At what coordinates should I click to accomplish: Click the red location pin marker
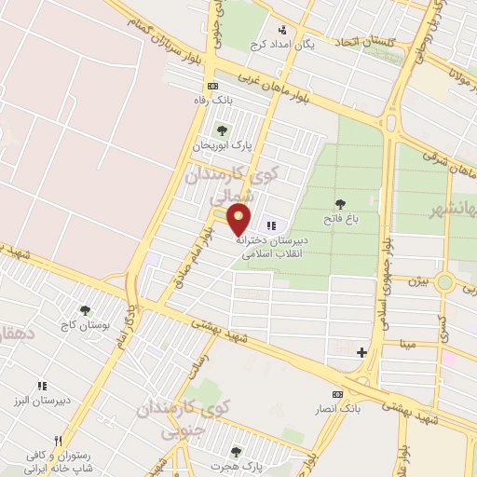(240, 219)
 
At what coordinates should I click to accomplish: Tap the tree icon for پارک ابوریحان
(221, 129)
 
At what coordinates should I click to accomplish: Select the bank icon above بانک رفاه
(213, 85)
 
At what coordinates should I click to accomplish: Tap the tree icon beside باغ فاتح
(340, 204)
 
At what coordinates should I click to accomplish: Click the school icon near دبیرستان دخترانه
(272, 225)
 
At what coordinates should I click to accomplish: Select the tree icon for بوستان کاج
(86, 310)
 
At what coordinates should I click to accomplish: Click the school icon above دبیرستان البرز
(42, 386)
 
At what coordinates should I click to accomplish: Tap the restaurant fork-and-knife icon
(58, 441)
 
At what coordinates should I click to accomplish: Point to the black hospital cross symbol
(362, 351)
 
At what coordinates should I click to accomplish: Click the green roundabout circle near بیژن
(445, 282)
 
